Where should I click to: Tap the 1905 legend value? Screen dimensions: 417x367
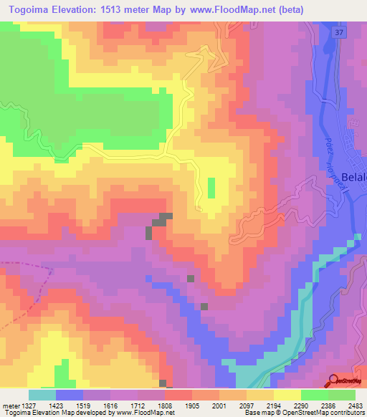(192, 405)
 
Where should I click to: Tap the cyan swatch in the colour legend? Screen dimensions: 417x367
(42, 395)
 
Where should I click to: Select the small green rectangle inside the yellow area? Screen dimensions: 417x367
(211, 188)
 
